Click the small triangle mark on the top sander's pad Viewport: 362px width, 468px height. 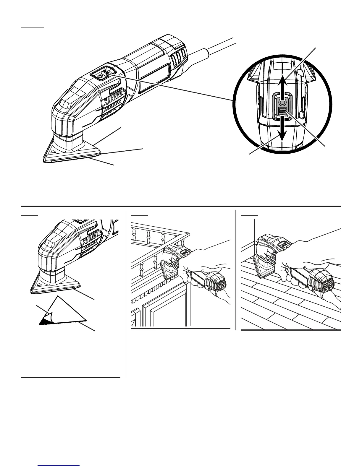[x=53, y=151]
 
